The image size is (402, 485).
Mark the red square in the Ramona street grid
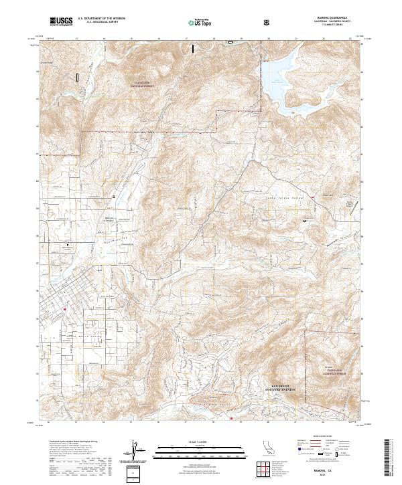[64, 309]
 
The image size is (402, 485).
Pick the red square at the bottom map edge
[231, 419]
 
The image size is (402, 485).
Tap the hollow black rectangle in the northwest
[78, 78]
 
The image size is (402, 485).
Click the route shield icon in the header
[268, 22]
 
